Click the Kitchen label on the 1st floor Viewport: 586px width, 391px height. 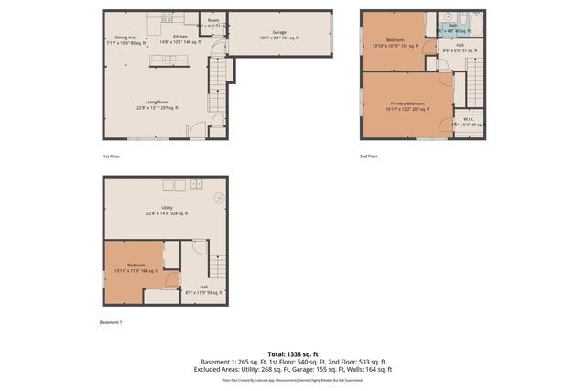click(180, 39)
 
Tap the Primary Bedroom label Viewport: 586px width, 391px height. click(407, 105)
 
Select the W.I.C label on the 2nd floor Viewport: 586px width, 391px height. click(467, 121)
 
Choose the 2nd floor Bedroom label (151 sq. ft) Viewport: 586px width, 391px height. click(395, 43)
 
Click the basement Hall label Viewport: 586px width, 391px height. click(202, 290)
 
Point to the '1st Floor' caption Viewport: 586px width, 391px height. click(111, 157)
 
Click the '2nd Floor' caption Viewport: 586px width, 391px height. click(369, 157)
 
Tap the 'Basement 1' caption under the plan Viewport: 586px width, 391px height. click(110, 322)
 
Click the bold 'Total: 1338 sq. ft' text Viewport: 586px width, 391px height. click(293, 353)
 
